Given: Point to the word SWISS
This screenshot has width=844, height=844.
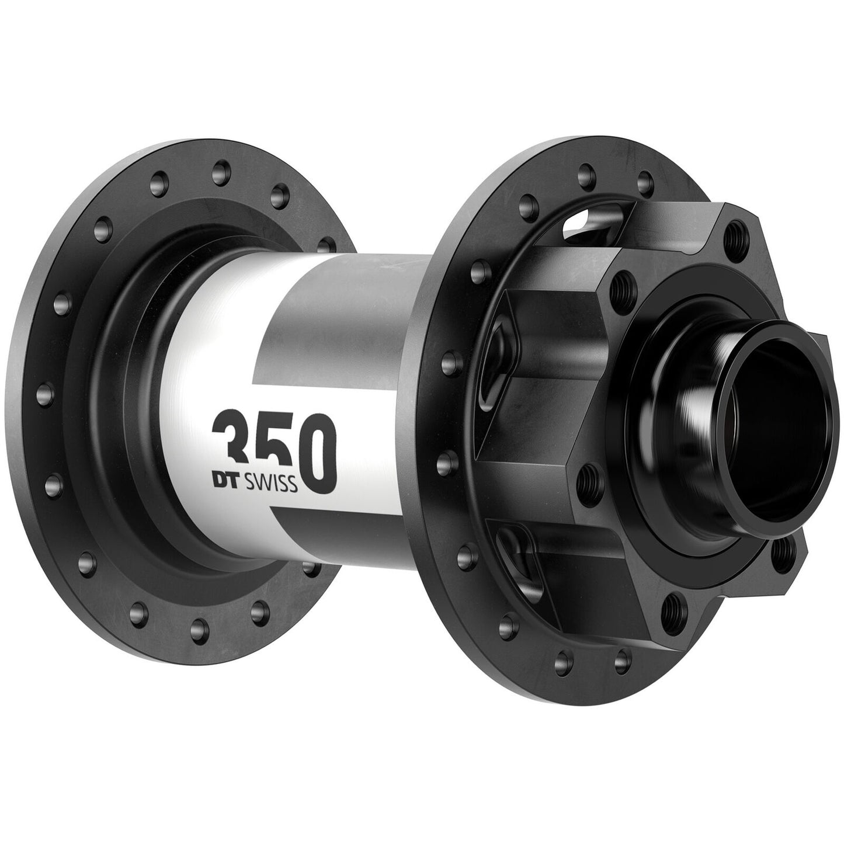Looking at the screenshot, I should click(273, 485).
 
